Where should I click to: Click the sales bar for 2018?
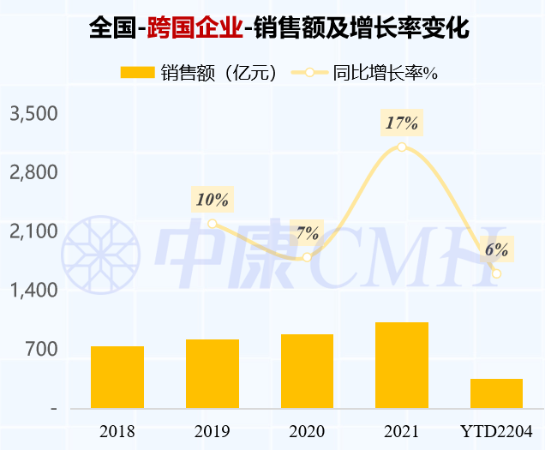coord(117,377)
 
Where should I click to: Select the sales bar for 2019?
coord(213,374)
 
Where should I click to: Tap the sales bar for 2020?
coord(308,371)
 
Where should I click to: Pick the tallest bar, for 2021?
coord(402,365)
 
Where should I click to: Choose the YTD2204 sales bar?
coord(496,393)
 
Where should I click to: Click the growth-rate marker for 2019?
coord(213,224)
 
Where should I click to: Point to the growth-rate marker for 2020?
coord(307,257)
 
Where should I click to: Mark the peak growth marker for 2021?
coord(402,147)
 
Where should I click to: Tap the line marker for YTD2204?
coord(497,273)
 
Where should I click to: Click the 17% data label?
coord(402,123)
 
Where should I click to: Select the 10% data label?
coord(213,199)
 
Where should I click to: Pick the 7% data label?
coord(307,232)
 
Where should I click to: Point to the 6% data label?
coord(497,249)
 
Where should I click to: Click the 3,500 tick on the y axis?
coord(33,114)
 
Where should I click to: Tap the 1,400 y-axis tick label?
coord(33,290)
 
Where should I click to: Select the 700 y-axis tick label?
coord(41,349)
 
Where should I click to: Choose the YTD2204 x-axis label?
coord(496,431)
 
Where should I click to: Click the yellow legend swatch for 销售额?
coord(137,72)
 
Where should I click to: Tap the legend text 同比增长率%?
coord(385,73)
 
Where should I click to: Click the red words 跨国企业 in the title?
coord(195,27)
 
